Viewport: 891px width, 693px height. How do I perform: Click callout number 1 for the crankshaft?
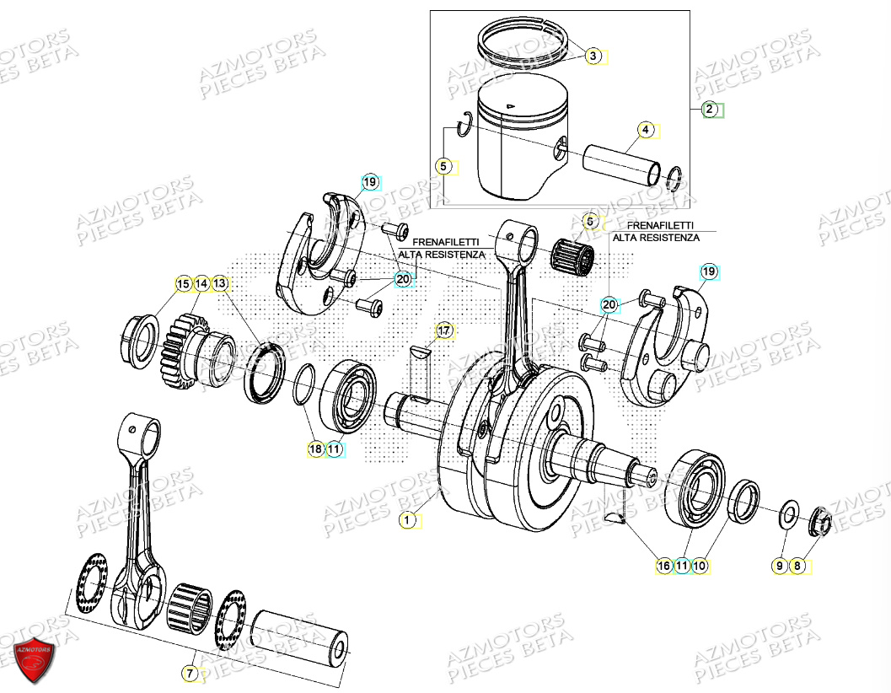click(x=407, y=520)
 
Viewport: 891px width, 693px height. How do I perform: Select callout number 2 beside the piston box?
click(x=710, y=109)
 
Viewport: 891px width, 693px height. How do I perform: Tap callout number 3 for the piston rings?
click(x=593, y=56)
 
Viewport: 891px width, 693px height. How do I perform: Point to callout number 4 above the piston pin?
click(x=645, y=130)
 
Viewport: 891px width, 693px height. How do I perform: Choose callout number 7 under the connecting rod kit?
click(x=190, y=673)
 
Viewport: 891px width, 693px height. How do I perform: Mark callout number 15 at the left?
click(x=182, y=285)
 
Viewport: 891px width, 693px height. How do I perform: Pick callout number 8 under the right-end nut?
click(x=797, y=566)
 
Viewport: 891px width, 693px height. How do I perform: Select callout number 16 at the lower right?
click(x=664, y=566)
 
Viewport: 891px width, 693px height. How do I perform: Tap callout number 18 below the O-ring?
click(x=315, y=449)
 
